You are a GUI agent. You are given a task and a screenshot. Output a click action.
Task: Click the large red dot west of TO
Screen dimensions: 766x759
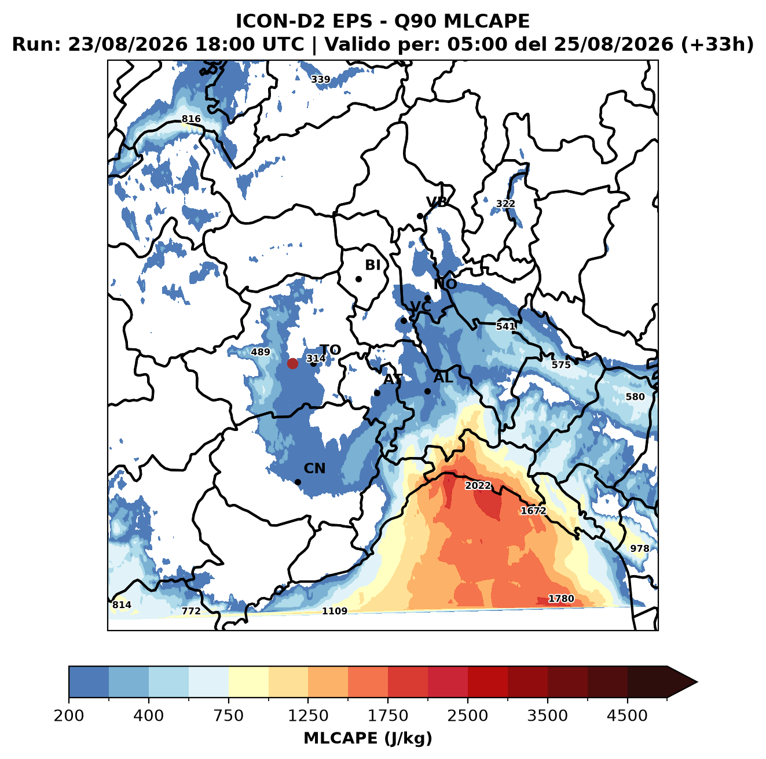(292, 363)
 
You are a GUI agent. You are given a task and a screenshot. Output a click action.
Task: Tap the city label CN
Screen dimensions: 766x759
(314, 469)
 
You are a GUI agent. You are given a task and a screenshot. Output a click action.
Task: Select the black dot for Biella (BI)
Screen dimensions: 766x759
(358, 279)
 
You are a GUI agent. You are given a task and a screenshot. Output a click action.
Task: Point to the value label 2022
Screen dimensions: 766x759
(478, 485)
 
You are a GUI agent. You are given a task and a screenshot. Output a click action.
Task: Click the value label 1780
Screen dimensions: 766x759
(561, 598)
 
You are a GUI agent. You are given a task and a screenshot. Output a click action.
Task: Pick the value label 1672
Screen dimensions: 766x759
(533, 510)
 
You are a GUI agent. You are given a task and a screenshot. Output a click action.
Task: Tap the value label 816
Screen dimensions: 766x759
(191, 119)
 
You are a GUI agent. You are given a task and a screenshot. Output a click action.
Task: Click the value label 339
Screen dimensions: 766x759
(320, 79)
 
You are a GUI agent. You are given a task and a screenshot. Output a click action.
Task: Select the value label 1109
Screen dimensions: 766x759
(334, 611)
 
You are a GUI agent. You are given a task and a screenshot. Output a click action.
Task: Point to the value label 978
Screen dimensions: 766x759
(640, 548)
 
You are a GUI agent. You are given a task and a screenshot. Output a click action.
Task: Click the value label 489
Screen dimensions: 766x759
(261, 352)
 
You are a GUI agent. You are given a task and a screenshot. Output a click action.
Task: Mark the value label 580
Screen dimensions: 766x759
(635, 397)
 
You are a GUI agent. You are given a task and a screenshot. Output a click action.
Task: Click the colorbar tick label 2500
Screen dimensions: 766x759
(467, 716)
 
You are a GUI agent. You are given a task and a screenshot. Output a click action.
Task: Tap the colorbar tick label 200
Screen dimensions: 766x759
(69, 716)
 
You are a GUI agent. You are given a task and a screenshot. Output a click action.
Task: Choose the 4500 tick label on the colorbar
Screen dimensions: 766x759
(627, 716)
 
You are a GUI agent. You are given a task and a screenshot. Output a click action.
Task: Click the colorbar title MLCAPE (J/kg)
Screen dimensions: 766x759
(368, 738)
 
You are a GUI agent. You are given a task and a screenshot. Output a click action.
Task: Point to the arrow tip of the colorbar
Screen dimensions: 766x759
(697, 682)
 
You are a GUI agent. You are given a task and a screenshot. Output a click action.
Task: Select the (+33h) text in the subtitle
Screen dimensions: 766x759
(717, 45)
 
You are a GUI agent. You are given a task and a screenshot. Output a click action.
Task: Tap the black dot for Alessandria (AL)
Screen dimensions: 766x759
(427, 391)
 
